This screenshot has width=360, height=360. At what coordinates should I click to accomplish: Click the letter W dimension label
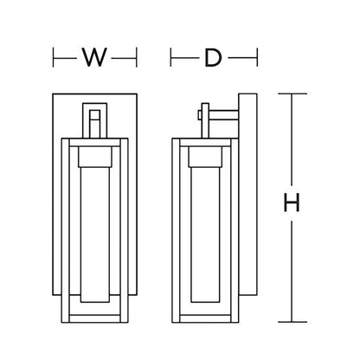point(94,57)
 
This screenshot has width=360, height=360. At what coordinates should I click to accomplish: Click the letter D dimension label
point(213,58)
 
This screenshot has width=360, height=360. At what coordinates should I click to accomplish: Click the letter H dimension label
point(292,202)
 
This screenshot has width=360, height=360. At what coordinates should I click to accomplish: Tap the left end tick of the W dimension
point(54,57)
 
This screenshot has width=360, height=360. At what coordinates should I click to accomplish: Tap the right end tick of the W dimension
point(137,57)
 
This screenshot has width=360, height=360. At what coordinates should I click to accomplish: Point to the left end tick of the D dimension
point(170,57)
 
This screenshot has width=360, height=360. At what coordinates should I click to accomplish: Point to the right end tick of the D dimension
point(257,57)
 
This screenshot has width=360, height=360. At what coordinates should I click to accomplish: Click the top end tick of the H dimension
point(292,93)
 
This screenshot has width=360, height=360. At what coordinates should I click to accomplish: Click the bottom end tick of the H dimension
point(292,322)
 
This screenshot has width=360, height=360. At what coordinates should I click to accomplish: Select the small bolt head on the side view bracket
point(200,115)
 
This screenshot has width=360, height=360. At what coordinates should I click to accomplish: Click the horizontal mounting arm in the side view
point(223,115)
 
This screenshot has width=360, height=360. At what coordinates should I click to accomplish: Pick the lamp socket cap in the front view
point(95,157)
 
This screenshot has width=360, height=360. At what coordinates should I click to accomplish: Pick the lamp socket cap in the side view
point(205,157)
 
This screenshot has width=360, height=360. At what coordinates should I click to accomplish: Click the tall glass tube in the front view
point(95,235)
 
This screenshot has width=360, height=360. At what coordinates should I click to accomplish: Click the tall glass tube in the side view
point(205,235)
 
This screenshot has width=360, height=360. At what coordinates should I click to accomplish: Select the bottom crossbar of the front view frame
point(95,318)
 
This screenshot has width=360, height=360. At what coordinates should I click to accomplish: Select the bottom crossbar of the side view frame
point(205,318)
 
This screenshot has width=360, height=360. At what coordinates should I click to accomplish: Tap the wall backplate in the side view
point(247,194)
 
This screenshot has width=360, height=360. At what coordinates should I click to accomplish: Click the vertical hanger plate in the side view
point(205,120)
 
